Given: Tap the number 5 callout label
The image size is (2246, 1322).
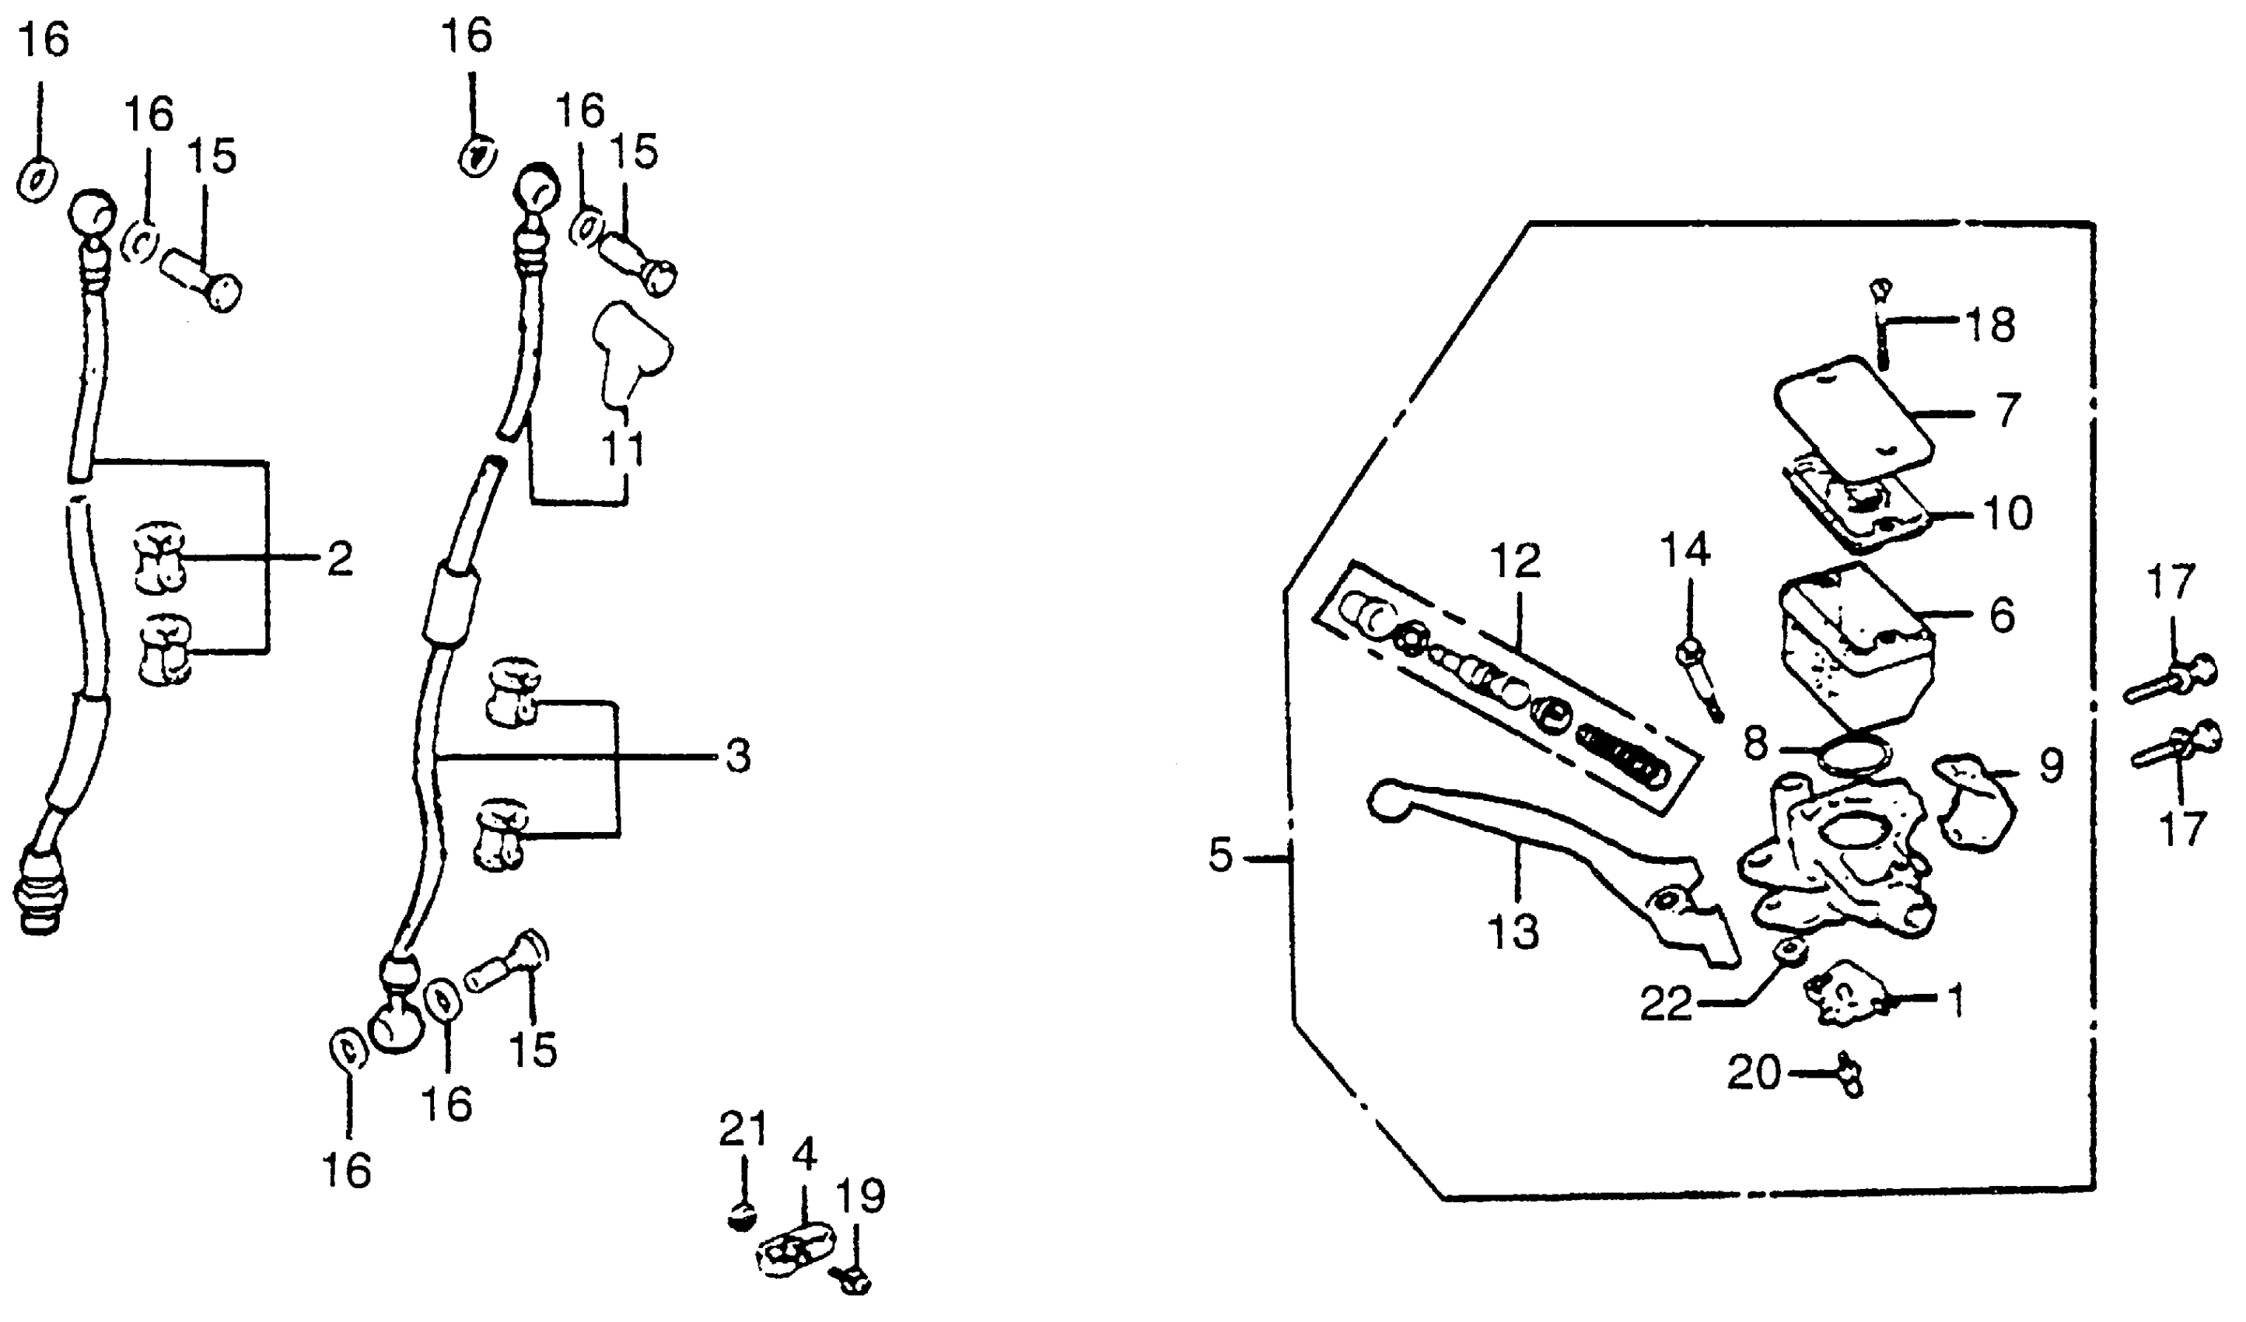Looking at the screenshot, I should coord(1220,855).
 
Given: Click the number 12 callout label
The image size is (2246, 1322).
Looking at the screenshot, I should coord(1516,561).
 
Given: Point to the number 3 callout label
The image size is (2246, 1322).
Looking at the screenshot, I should coord(737,756).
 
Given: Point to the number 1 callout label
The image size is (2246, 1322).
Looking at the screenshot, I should coord(1957,1000).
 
